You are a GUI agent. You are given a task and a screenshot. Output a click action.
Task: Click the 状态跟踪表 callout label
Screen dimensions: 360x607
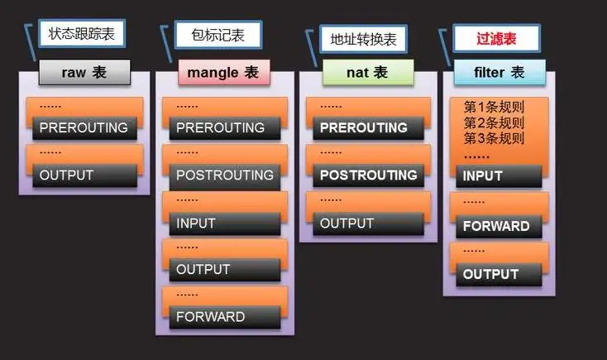tap(80, 34)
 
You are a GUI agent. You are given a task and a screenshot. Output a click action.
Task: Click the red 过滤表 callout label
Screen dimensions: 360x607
tap(496, 37)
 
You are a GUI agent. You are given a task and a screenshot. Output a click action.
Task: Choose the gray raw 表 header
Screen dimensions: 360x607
tap(84, 72)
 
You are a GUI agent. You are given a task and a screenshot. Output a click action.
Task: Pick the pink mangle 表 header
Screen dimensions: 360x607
tap(218, 72)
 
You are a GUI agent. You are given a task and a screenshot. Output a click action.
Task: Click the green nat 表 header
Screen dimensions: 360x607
tap(356, 72)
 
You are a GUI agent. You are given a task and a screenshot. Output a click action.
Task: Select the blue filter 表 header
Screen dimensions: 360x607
tap(499, 72)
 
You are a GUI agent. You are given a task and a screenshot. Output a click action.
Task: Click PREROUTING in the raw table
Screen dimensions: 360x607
tap(84, 127)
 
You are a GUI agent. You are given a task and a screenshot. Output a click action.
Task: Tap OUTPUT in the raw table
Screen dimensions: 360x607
tap(67, 175)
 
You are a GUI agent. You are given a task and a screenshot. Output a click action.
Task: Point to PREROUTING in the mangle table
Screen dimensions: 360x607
tap(220, 127)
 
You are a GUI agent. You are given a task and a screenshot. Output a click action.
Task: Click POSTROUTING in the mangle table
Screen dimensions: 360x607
tap(224, 175)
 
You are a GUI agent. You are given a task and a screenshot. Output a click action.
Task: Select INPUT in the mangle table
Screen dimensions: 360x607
tap(196, 223)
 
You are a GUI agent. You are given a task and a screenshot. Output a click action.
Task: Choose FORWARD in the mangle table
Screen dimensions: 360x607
tap(210, 316)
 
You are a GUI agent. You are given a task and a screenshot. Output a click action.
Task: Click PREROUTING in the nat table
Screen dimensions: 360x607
tap(363, 127)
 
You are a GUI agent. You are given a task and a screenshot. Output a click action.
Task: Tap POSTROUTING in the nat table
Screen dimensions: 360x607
tap(368, 175)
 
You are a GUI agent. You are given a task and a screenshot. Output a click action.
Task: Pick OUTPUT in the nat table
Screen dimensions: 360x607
tap(347, 223)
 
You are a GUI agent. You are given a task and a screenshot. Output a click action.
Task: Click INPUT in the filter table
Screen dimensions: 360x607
tap(483, 175)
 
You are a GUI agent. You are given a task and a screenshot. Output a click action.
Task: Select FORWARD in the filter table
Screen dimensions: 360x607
tap(496, 226)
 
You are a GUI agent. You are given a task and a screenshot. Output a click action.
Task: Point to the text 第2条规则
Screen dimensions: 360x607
tap(495, 122)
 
